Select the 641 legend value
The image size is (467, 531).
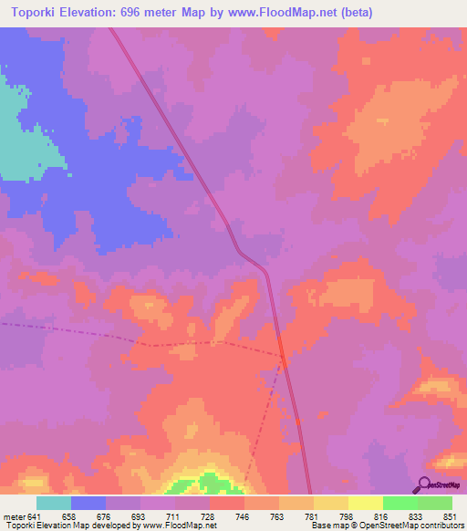(x=36, y=516)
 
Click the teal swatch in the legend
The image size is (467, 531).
(x=54, y=503)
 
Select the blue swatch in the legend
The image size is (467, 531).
(x=88, y=503)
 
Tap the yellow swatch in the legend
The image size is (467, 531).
(x=365, y=503)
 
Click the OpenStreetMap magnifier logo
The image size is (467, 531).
(x=425, y=484)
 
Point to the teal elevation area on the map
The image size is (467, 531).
(x=23, y=137)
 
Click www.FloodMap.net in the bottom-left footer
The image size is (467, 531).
(x=178, y=526)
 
